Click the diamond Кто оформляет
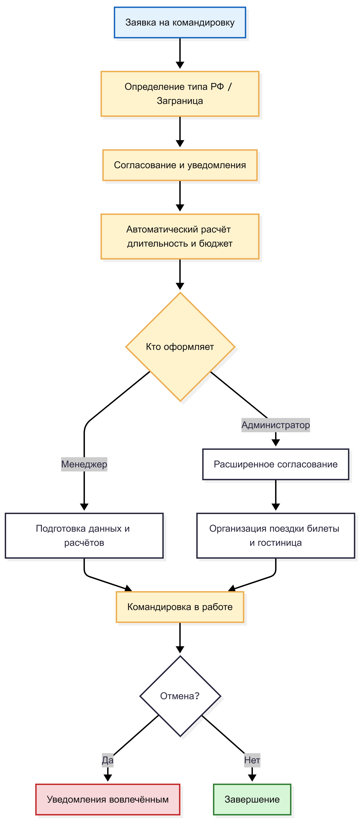180,347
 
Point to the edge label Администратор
275,425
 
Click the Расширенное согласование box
275,464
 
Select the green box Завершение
252,799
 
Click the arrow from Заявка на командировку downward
180,53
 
